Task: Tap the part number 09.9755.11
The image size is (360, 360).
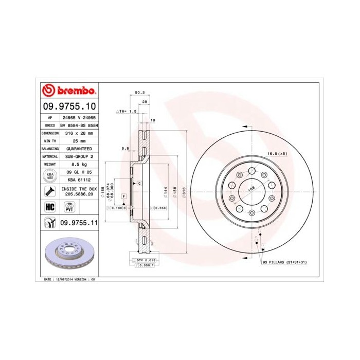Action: coord(78,223)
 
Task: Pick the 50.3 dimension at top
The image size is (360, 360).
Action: coord(139,93)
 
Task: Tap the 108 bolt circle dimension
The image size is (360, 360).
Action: coord(251,189)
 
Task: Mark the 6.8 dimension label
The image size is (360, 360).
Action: coord(125,148)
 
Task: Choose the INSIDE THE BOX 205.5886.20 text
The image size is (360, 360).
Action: coord(78,192)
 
